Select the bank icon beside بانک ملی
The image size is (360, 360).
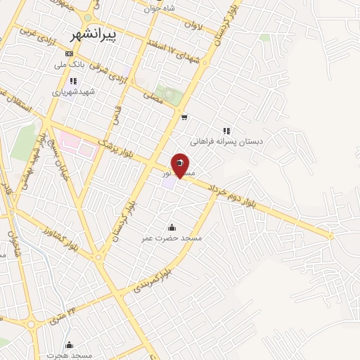pyautogui.click(x=69, y=53)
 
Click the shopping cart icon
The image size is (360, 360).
pyautogui.click(x=184, y=117)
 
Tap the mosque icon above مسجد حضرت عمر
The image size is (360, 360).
pyautogui.click(x=172, y=227)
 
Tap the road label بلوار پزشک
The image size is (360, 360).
pyautogui.click(x=115, y=145)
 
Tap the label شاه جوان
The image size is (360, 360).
pyautogui.click(x=159, y=8)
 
